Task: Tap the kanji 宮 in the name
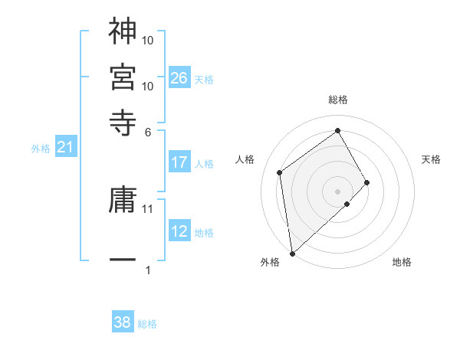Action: pos(123,76)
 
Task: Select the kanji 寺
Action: pos(123,121)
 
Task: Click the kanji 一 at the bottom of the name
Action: pos(123,261)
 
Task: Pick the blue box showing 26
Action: pos(179,77)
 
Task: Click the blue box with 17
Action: pos(179,162)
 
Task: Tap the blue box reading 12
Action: pos(179,231)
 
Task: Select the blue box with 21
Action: pos(65,148)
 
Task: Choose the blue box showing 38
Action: pos(123,322)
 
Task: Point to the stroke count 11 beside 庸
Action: pos(149,208)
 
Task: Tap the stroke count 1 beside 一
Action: pos(148,270)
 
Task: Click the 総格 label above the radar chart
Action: pos(338,100)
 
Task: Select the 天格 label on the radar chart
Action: pos(431,159)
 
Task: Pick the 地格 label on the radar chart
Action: pos(402,262)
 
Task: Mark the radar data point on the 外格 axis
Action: pos(292,254)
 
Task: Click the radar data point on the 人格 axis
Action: pos(280,172)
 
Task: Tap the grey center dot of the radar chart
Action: pos(338,191)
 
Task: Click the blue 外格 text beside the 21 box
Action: pos(41,149)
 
